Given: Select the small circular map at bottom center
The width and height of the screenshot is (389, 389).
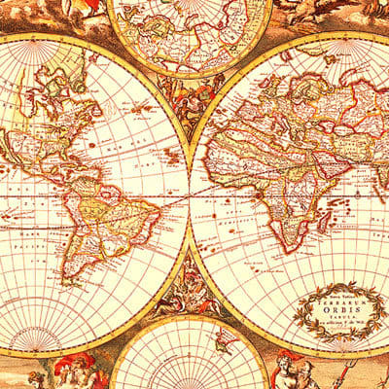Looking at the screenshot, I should tap(190, 355).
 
